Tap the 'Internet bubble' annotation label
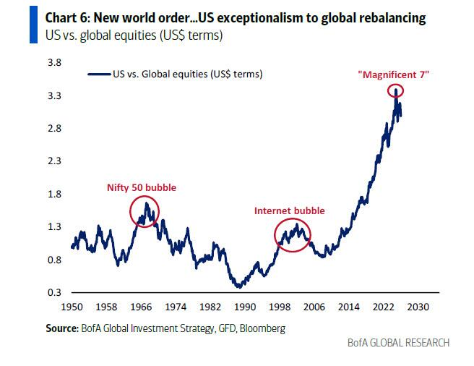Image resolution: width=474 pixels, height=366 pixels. coord(289,210)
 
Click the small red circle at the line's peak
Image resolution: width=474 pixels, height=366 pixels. coord(395,90)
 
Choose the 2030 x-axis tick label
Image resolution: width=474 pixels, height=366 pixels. coord(419,307)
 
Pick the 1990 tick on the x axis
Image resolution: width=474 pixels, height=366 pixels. coord(245,307)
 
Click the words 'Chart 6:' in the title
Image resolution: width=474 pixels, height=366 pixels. coord(61,18)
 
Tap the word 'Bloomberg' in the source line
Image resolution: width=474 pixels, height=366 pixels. coord(262,328)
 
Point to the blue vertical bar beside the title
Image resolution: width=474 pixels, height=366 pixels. coord(31,25)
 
